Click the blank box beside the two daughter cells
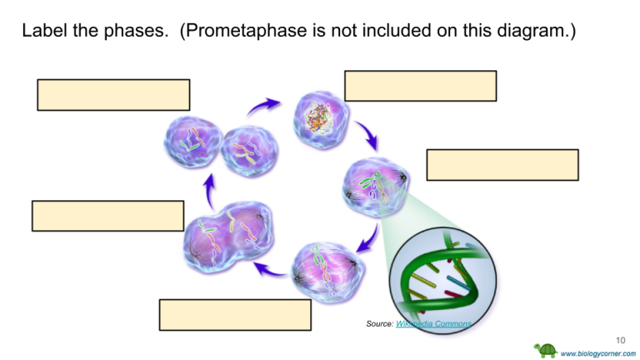pyautogui.click(x=113, y=95)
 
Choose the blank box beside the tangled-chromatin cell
pyautogui.click(x=420, y=86)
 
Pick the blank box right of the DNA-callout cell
pyautogui.click(x=502, y=165)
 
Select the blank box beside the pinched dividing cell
pyautogui.click(x=107, y=216)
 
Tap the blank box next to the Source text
pyautogui.click(x=235, y=315)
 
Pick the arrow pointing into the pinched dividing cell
pyautogui.click(x=268, y=268)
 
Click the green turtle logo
pyautogui.click(x=546, y=351)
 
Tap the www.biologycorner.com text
pyautogui.click(x=598, y=353)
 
